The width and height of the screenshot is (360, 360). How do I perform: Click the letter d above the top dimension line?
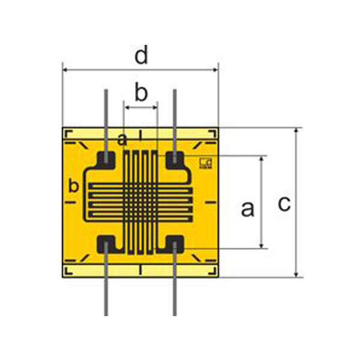pyautogui.click(x=141, y=56)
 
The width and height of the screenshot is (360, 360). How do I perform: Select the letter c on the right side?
pyautogui.click(x=284, y=203)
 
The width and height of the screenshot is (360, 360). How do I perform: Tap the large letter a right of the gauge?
pyautogui.click(x=247, y=209)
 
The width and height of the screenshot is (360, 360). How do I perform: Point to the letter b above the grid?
pyautogui.click(x=140, y=93)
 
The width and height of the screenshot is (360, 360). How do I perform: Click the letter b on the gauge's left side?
pyautogui.click(x=74, y=186)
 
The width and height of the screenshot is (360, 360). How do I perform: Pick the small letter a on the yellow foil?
pyautogui.click(x=122, y=140)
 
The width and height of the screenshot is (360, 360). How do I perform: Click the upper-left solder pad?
pyautogui.click(x=107, y=159)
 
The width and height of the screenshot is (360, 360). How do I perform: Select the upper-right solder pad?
pyautogui.click(x=175, y=159)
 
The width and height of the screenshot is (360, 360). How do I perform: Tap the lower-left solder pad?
pyautogui.click(x=107, y=244)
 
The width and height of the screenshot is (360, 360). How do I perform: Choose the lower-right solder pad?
pyautogui.click(x=175, y=244)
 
